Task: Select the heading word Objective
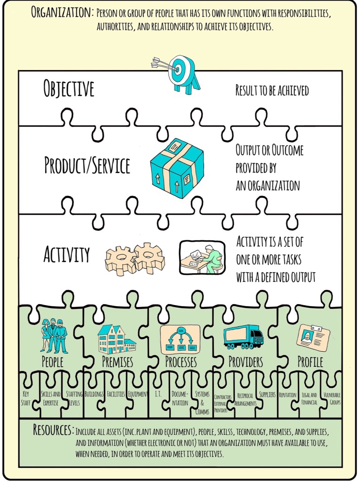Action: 69,89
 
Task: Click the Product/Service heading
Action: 87,166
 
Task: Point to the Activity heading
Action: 66,254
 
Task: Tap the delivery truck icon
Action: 243,337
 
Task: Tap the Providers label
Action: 245,362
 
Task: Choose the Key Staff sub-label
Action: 26,398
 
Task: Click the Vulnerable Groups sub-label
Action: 332,398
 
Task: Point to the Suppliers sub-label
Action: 267,394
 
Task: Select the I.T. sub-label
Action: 158,394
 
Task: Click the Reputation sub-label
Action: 287,394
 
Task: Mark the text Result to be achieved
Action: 272,90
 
